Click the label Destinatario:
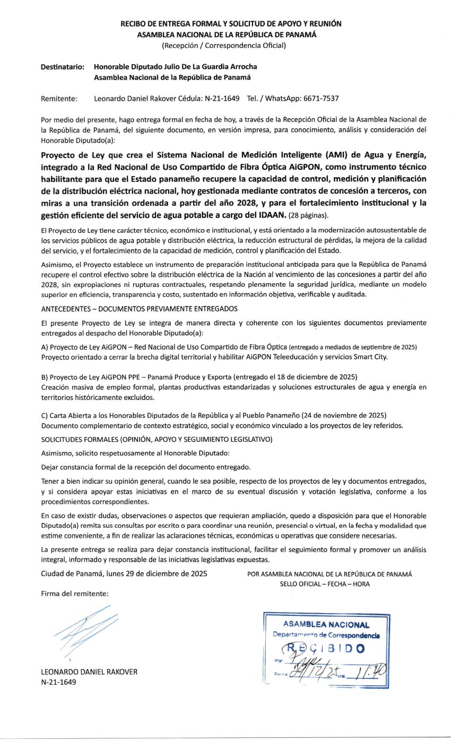(x=63, y=67)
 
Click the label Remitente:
(x=59, y=99)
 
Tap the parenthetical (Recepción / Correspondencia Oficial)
(x=223, y=45)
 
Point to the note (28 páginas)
(x=309, y=215)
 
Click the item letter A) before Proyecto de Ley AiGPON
(x=45, y=347)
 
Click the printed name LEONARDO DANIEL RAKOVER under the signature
(x=89, y=672)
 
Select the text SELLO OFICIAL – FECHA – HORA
(x=325, y=584)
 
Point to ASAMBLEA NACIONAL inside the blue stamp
(x=326, y=625)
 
